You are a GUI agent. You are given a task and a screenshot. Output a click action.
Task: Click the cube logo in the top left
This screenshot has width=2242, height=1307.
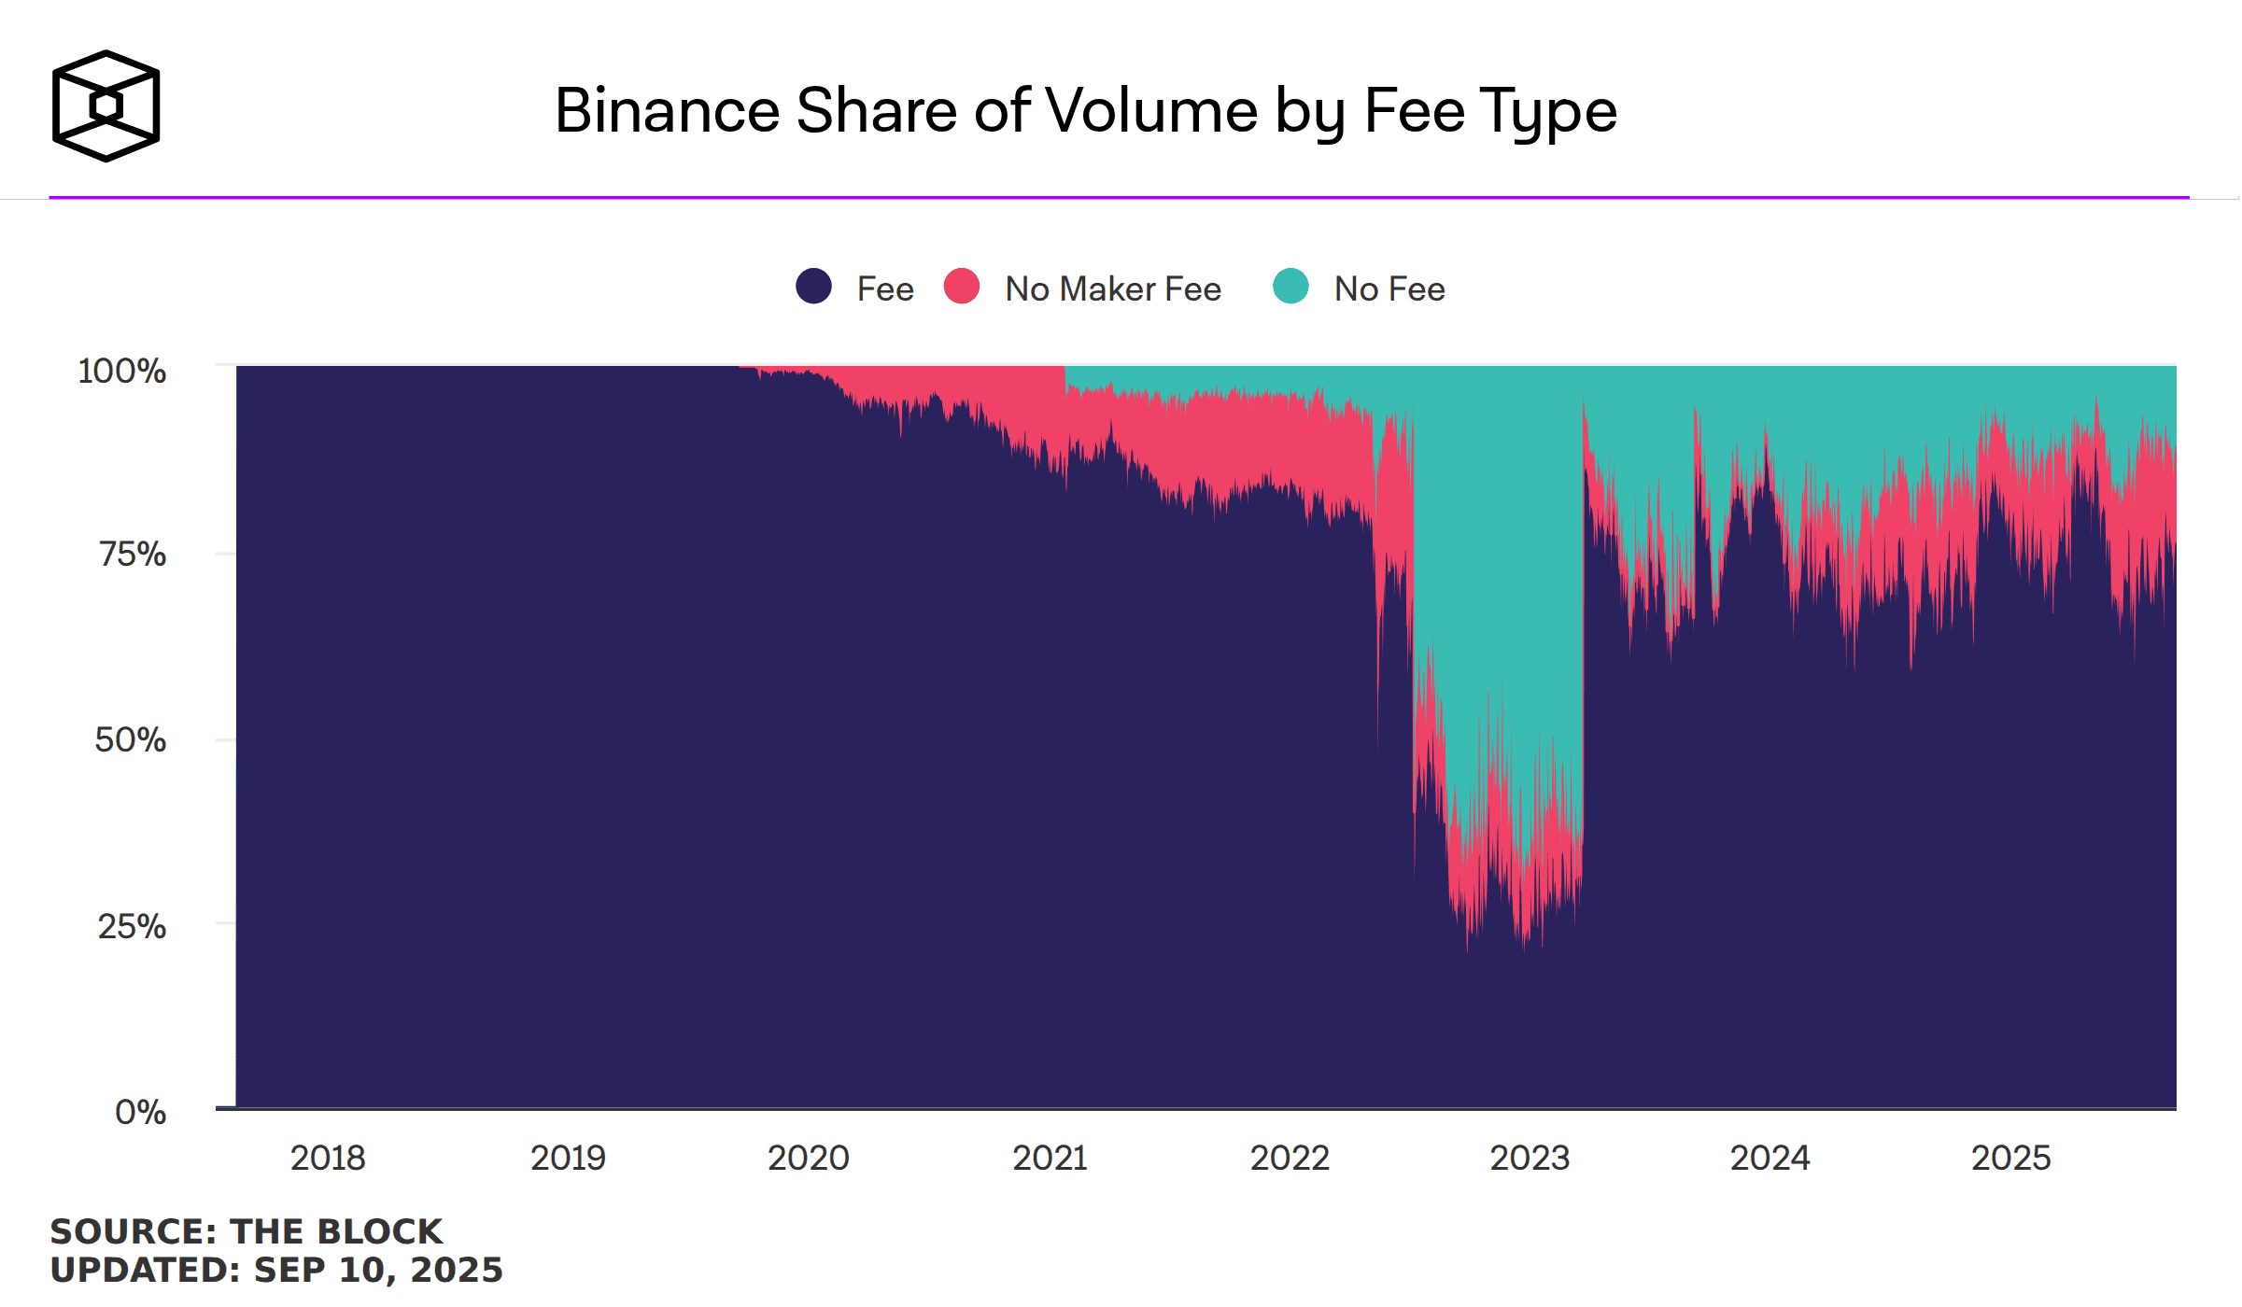point(106,105)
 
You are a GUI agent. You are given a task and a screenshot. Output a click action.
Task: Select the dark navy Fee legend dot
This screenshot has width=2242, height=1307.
point(813,287)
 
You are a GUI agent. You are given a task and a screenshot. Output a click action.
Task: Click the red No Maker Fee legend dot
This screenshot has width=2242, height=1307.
point(961,287)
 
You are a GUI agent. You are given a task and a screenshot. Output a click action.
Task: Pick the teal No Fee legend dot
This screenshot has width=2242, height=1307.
point(1290,287)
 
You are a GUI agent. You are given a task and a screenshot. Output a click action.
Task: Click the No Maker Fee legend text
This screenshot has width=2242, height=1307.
point(1112,289)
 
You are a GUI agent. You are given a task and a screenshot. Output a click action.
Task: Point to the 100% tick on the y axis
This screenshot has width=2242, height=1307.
point(122,371)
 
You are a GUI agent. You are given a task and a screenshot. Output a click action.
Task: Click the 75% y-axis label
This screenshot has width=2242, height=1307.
point(132,555)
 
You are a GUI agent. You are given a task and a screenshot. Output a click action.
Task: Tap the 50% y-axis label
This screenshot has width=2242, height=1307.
point(130,740)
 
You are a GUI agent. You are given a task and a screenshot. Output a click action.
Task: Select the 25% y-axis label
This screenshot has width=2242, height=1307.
point(132,926)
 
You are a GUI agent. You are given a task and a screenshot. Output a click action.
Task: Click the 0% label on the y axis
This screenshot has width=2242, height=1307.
point(140,1112)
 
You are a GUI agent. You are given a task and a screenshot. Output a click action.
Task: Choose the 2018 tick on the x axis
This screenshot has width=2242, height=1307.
point(328,1159)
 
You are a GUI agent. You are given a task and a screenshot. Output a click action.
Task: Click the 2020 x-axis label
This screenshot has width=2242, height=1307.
point(809,1159)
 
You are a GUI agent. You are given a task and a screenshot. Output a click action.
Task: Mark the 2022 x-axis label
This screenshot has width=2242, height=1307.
point(1290,1159)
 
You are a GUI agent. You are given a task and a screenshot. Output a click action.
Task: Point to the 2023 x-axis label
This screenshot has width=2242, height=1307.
point(1530,1159)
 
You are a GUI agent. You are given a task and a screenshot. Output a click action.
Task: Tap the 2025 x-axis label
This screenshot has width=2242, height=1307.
point(2010,1159)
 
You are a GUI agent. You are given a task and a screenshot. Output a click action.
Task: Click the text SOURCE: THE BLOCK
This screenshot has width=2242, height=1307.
point(246,1231)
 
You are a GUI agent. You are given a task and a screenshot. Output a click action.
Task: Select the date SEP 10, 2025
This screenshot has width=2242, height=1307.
point(378,1271)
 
